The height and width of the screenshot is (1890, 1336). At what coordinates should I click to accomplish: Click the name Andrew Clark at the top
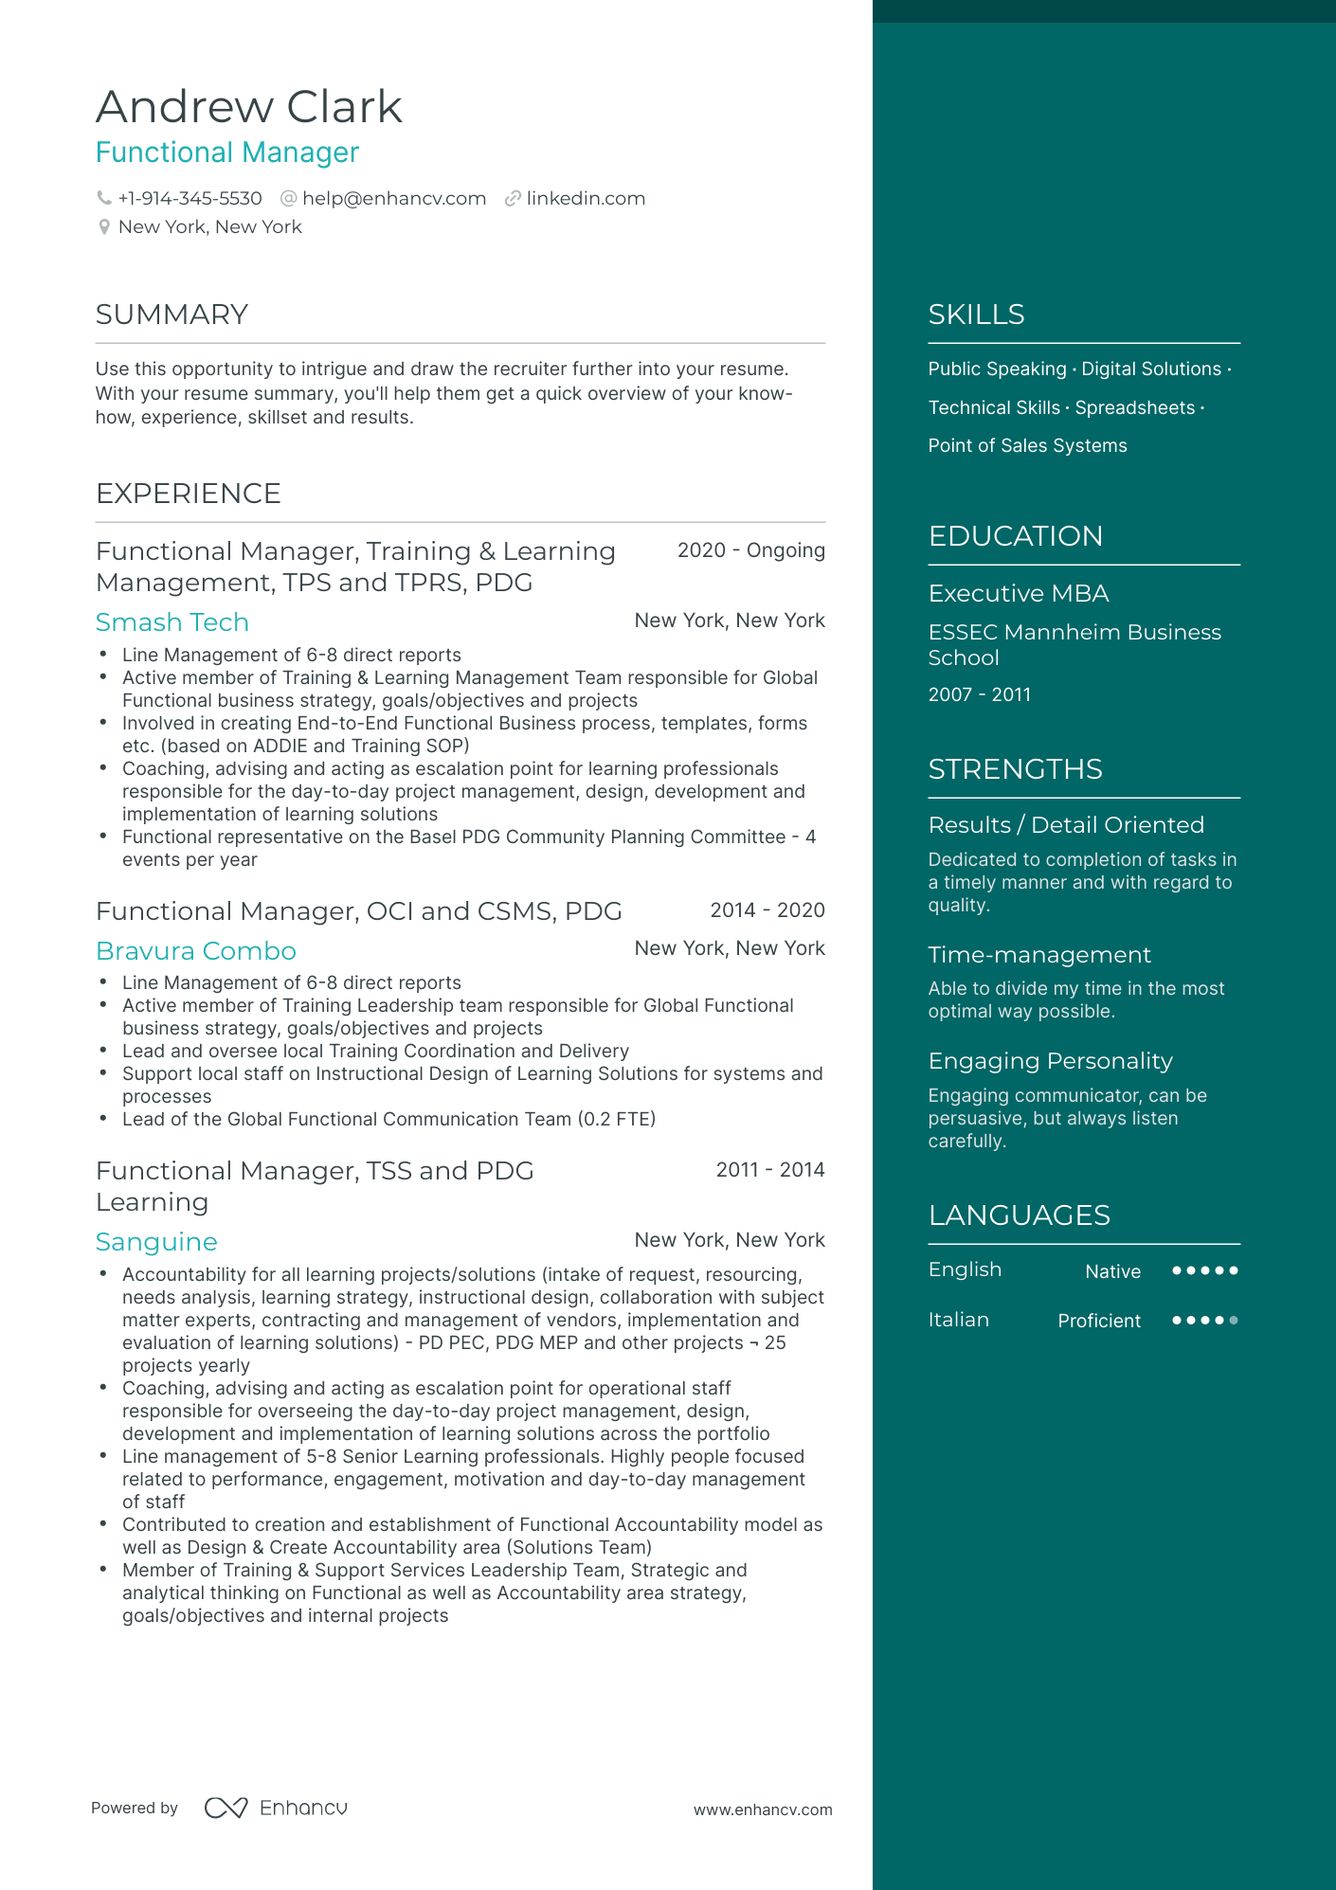click(x=248, y=106)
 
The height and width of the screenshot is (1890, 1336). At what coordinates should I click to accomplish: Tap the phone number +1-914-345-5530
click(x=190, y=199)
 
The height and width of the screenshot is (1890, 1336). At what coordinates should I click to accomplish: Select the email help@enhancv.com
click(x=393, y=199)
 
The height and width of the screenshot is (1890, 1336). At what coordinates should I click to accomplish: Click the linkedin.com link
click(x=585, y=199)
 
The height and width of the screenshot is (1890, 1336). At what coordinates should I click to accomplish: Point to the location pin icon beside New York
click(x=104, y=227)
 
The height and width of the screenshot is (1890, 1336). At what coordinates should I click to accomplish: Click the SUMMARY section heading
click(x=172, y=315)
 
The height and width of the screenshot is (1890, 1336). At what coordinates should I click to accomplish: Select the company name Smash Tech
click(x=172, y=622)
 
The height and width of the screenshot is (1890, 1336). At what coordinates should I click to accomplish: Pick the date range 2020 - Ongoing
click(x=750, y=550)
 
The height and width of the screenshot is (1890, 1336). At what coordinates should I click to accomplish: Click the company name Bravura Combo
click(x=195, y=951)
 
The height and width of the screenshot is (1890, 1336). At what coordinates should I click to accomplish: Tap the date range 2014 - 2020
click(x=767, y=910)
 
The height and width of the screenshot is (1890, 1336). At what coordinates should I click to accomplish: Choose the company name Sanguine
click(x=156, y=1242)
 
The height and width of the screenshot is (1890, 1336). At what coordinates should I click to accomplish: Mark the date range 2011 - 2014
click(x=769, y=1170)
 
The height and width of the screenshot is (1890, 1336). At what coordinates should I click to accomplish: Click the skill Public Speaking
click(x=997, y=369)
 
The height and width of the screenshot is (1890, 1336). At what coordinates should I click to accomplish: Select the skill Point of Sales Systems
click(x=1027, y=446)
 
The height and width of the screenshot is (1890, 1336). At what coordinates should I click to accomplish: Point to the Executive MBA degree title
click(x=1018, y=594)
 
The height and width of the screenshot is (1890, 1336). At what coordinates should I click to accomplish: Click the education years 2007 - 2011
click(x=979, y=694)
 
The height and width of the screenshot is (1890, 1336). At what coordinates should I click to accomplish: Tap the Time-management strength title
click(x=1038, y=955)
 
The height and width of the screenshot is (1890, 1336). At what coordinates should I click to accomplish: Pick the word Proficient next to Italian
click(x=1098, y=1321)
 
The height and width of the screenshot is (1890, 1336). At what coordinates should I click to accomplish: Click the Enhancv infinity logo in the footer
click(x=226, y=1808)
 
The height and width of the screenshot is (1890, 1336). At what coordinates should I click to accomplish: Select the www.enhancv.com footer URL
click(x=762, y=1809)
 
